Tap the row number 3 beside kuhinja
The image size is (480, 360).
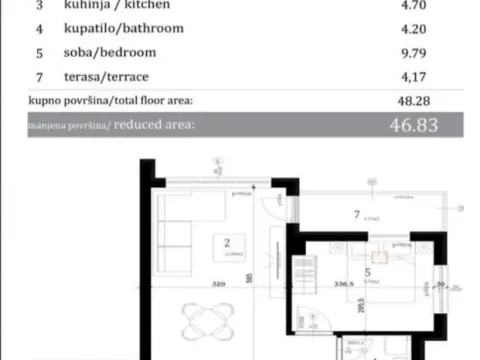[39, 5]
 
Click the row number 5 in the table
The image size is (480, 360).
[39, 52]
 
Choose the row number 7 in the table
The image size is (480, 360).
[39, 76]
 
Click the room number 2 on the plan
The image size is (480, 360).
[228, 241]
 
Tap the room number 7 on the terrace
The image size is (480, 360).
[356, 213]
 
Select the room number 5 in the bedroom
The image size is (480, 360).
[367, 270]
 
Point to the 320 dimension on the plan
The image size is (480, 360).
[217, 283]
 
